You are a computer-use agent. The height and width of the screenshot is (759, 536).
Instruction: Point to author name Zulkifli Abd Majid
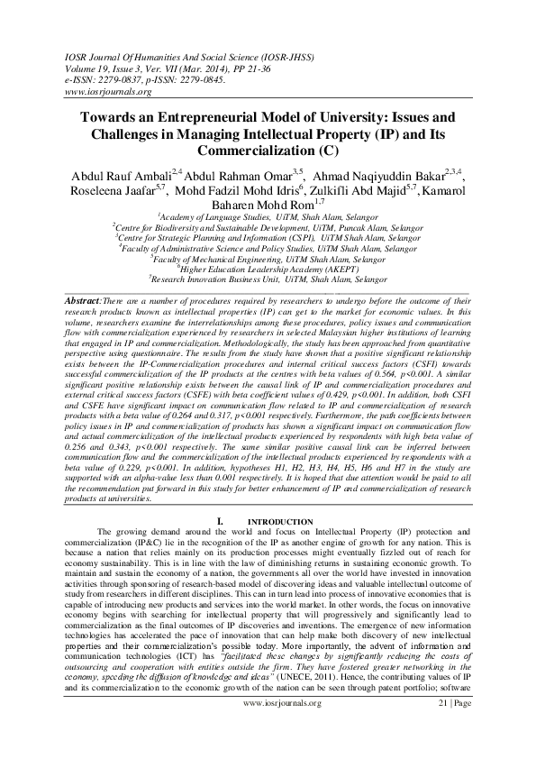tap(360, 191)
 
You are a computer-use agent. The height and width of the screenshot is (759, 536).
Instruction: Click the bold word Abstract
tap(86, 297)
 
